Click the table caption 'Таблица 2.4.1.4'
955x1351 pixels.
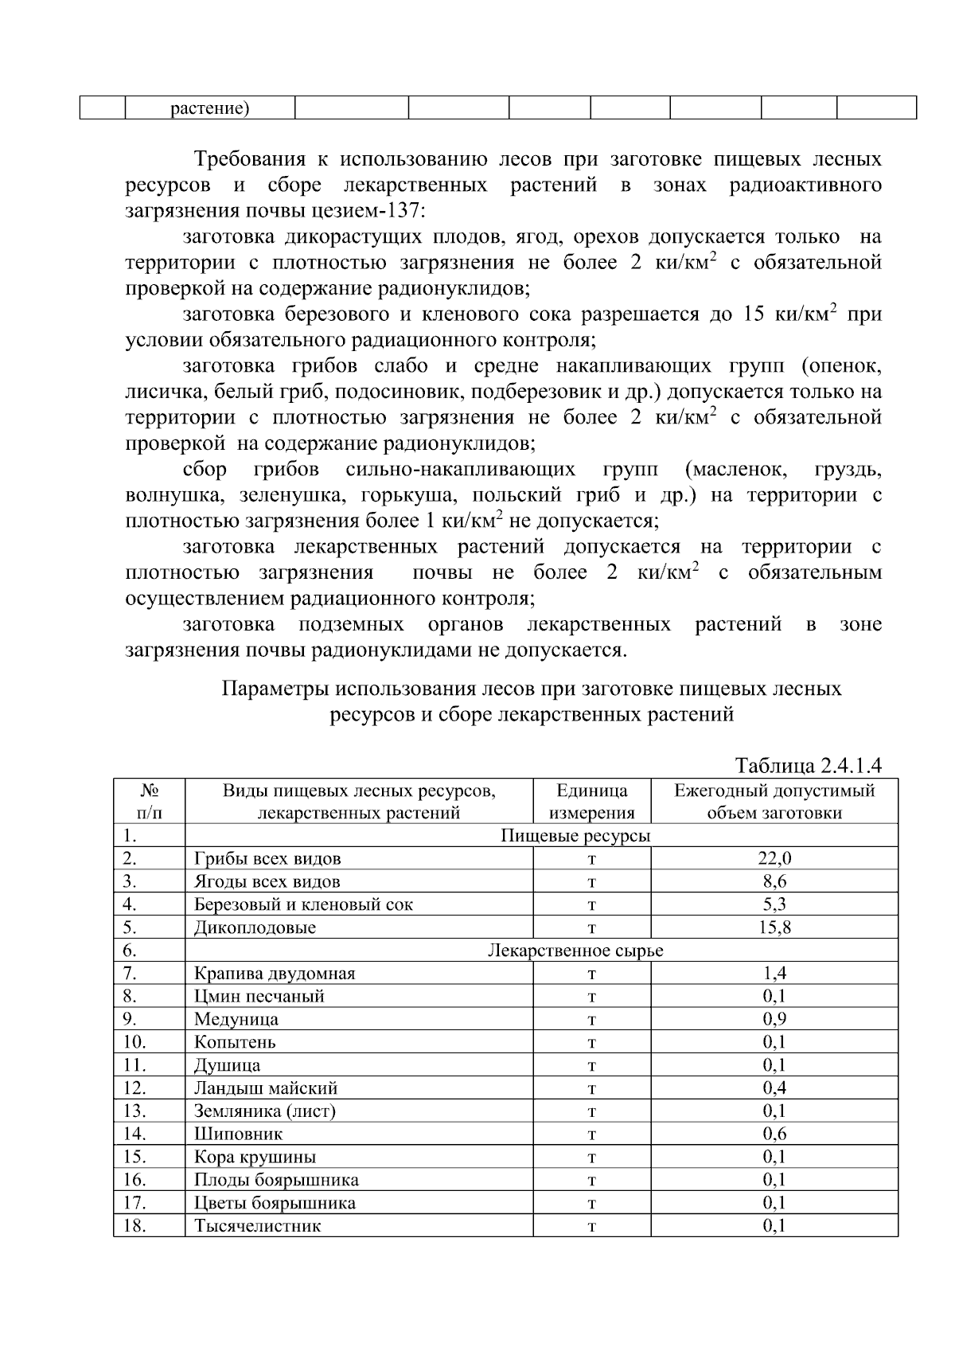tap(809, 766)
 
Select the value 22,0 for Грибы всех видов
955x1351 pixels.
tap(774, 858)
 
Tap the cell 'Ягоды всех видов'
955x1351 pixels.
tap(267, 881)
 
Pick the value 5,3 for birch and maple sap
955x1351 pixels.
tap(774, 904)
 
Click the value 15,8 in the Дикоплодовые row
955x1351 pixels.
tap(774, 927)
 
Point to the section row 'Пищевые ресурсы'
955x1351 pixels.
tap(575, 835)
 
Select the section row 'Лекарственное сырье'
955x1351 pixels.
tap(575, 951)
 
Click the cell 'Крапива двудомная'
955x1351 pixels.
tap(275, 973)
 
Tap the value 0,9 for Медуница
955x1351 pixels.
tap(774, 1019)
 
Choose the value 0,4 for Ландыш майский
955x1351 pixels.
tap(774, 1087)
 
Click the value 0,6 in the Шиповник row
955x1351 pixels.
tap(774, 1134)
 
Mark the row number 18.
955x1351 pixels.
tap(134, 1225)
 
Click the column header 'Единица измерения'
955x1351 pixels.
tap(592, 801)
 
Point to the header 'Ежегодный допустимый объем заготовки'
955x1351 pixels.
tap(774, 801)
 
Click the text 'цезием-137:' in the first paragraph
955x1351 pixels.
tap(376, 211)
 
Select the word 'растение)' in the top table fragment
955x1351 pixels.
tap(210, 108)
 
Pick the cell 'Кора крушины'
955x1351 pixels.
tap(255, 1157)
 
